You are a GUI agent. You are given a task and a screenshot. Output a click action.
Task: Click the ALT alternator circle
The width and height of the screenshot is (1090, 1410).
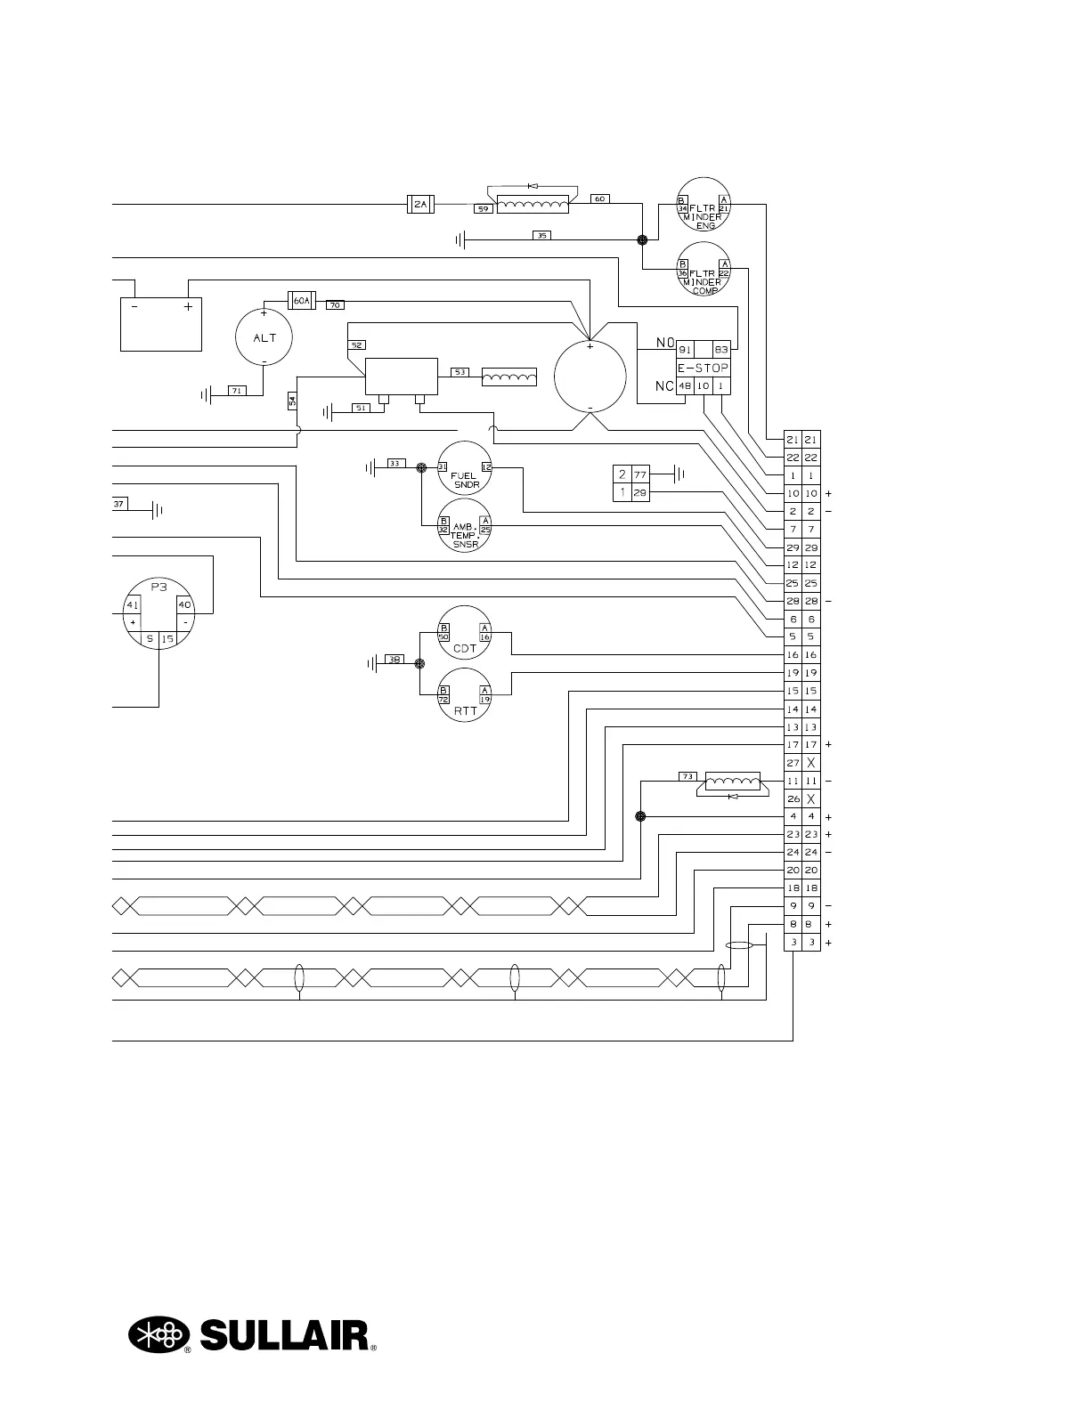[264, 337]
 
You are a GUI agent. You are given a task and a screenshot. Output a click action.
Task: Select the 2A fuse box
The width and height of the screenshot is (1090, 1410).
[419, 205]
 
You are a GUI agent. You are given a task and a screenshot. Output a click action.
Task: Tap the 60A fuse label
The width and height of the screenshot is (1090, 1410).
[302, 301]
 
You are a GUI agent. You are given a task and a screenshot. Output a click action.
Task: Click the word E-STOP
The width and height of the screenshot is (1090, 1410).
[704, 369]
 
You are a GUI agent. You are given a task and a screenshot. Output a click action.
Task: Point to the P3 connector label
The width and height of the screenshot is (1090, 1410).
[159, 587]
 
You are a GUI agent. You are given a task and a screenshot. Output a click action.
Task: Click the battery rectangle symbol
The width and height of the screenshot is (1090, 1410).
[161, 324]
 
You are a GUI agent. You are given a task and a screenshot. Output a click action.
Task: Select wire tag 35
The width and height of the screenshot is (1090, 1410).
[542, 236]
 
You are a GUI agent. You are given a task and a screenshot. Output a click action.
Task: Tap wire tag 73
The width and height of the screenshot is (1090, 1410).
[687, 776]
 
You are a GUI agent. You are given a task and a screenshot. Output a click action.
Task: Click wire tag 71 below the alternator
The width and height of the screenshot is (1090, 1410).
[237, 391]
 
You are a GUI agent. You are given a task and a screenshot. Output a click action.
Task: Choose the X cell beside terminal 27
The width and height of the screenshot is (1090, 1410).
[810, 763]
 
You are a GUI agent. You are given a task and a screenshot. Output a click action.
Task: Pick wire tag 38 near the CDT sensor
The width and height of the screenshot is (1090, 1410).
[395, 660]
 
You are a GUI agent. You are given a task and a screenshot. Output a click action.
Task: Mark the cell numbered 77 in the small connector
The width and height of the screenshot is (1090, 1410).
[639, 474]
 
